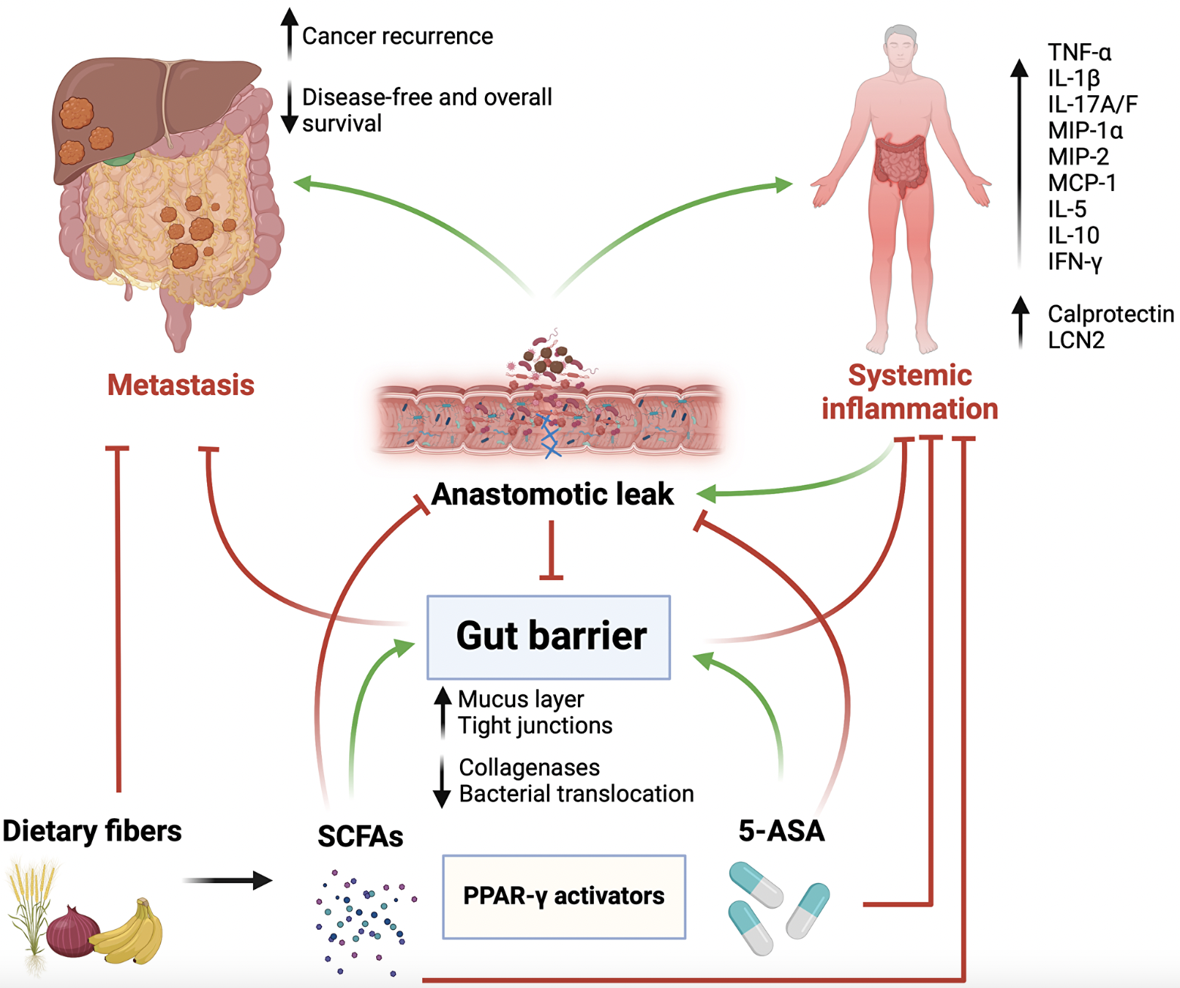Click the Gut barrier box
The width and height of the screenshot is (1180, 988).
pyautogui.click(x=548, y=637)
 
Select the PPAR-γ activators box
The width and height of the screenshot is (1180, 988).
pyautogui.click(x=564, y=897)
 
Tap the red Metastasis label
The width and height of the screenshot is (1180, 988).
pyautogui.click(x=181, y=384)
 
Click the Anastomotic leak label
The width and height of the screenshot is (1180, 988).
pyautogui.click(x=552, y=494)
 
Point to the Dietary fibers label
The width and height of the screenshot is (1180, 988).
pyautogui.click(x=92, y=831)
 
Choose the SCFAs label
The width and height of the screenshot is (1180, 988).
pyautogui.click(x=360, y=836)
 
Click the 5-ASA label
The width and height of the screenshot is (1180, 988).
pyautogui.click(x=781, y=831)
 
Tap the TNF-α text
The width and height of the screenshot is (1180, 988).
pyautogui.click(x=1079, y=52)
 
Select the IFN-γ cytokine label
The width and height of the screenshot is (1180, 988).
pyautogui.click(x=1074, y=261)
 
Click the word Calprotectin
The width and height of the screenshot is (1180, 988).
pyautogui.click(x=1110, y=313)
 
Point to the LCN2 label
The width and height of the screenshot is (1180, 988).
pyautogui.click(x=1076, y=340)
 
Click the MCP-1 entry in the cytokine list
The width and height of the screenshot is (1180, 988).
pyautogui.click(x=1081, y=183)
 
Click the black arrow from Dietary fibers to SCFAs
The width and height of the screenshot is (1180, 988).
pyautogui.click(x=227, y=880)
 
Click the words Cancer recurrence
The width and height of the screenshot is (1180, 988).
pyautogui.click(x=397, y=36)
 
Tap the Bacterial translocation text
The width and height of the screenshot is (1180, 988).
pyautogui.click(x=576, y=794)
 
